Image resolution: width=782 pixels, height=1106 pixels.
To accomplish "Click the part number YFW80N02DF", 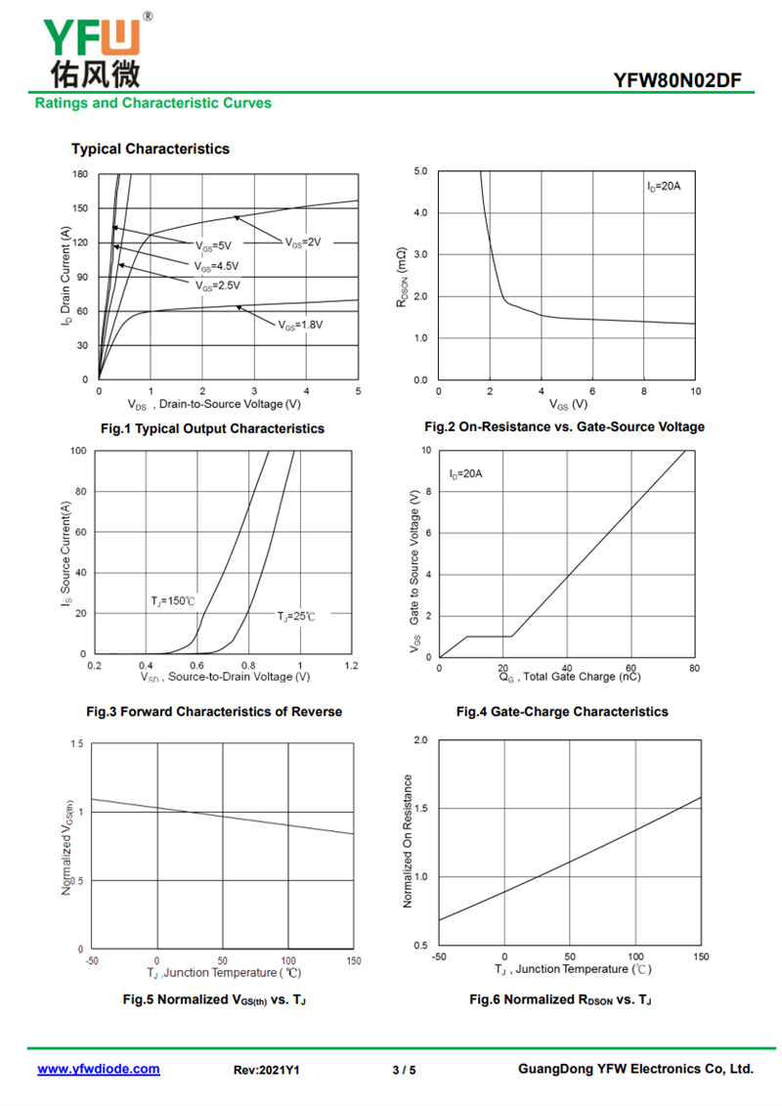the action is [677, 80].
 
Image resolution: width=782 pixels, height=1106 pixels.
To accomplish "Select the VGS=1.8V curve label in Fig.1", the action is [300, 326].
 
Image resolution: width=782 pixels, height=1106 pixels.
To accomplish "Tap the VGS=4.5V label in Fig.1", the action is [216, 267].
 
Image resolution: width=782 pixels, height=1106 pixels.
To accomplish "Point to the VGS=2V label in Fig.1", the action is [303, 243].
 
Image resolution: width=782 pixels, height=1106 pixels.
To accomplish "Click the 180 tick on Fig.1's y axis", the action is [80, 174].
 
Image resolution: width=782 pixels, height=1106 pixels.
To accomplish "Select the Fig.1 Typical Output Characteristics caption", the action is [212, 429].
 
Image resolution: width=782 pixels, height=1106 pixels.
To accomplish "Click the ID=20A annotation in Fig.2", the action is [664, 186].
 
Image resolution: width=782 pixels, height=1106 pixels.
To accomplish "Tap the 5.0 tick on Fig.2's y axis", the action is [420, 171].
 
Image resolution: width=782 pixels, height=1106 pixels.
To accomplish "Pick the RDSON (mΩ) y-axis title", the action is [402, 277].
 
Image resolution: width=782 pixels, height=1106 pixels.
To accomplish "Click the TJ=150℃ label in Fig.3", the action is [173, 601].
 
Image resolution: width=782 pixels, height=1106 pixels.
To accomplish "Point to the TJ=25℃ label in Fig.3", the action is [296, 616].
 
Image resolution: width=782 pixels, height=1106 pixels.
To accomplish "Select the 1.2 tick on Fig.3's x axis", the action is [351, 666].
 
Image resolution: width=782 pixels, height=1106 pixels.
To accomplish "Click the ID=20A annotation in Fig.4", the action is [465, 474].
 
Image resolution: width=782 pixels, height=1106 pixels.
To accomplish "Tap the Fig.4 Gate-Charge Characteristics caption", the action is [562, 712].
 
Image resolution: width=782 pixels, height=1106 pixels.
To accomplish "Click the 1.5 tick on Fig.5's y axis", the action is [77, 743].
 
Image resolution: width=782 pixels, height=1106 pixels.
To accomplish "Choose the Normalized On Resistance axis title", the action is [407, 841].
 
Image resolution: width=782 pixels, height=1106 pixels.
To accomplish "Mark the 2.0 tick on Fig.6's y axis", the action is [420, 740].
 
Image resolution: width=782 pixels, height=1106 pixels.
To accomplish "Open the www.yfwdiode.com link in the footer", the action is [99, 1069].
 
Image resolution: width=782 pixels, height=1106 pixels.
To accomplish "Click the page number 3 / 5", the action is [404, 1070].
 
